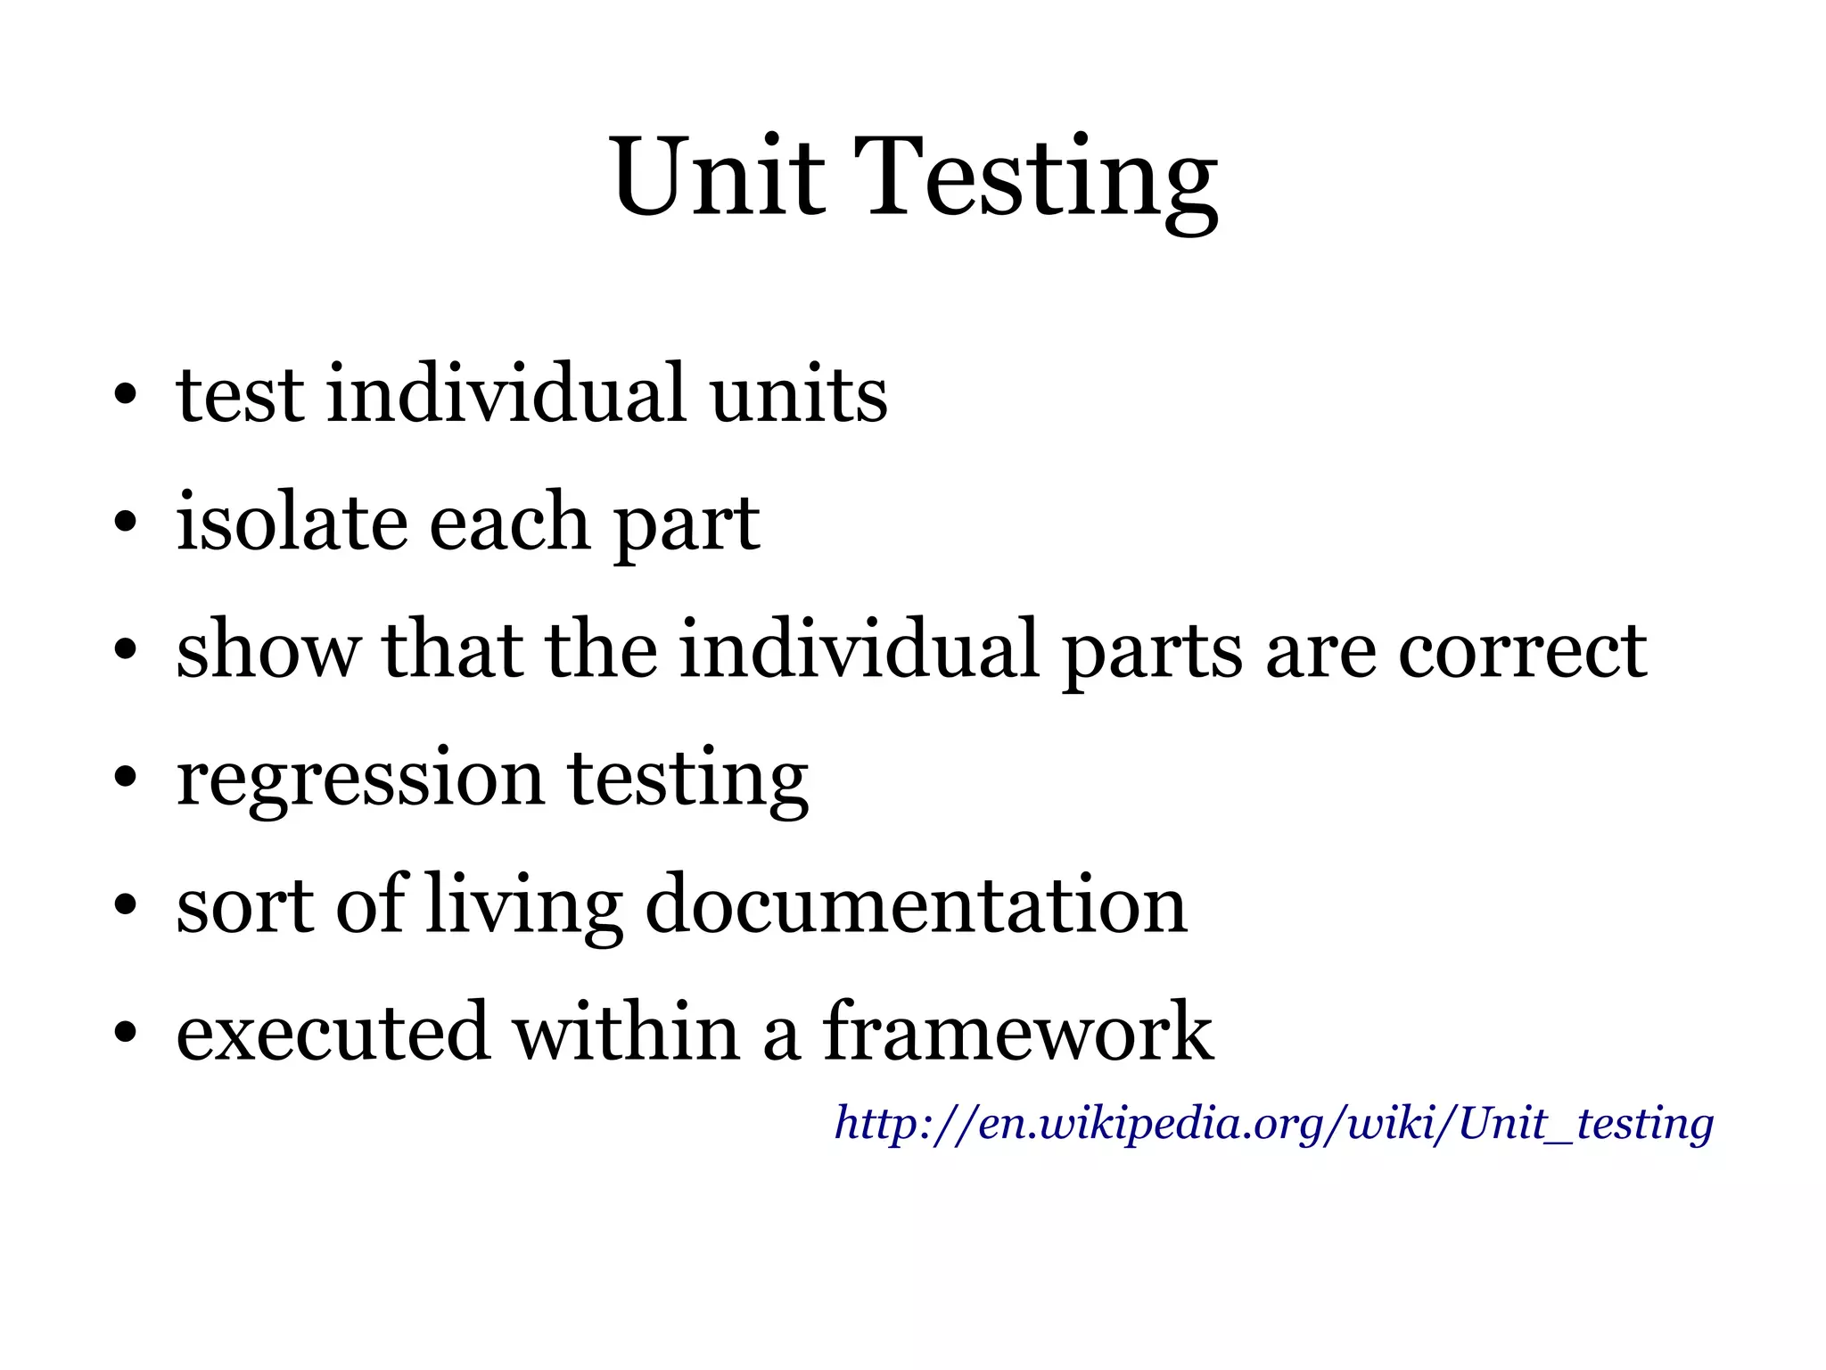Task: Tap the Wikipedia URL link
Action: (1273, 1123)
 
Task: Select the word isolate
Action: (292, 521)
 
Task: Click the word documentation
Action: (916, 904)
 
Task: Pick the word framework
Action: (1017, 1032)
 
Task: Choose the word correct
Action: (1522, 650)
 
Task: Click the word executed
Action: (333, 1032)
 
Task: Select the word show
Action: (268, 650)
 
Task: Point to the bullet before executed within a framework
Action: (125, 1033)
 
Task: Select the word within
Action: (626, 1032)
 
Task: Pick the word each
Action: (509, 521)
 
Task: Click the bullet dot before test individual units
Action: (125, 394)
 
